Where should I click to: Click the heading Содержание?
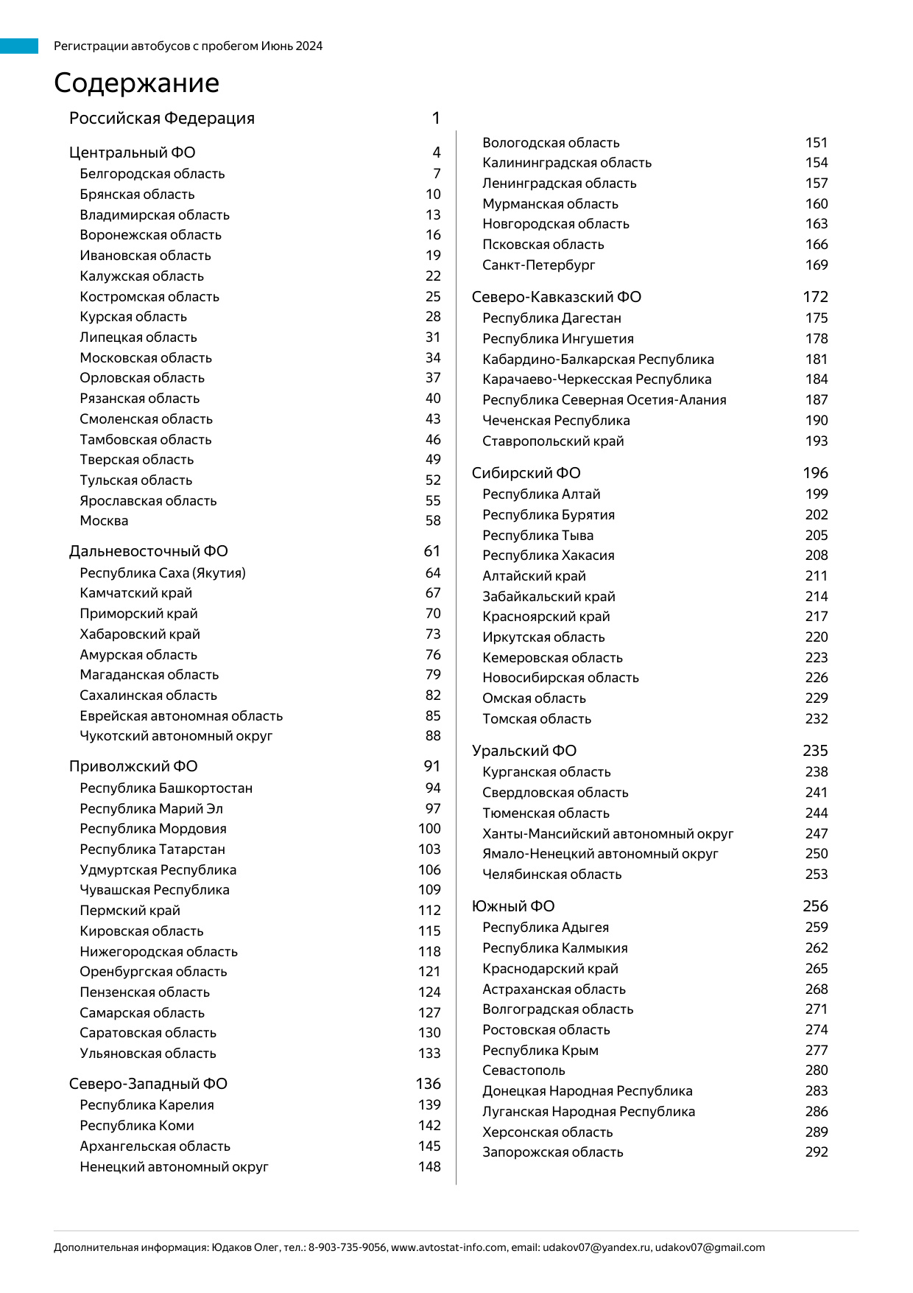click(x=136, y=83)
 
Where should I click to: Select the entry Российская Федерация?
click(x=161, y=118)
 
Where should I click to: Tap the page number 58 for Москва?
click(x=433, y=520)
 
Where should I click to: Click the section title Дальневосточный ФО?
click(x=148, y=551)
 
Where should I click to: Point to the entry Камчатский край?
click(x=135, y=592)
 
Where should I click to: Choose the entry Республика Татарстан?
click(x=152, y=849)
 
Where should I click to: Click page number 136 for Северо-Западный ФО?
click(x=428, y=1083)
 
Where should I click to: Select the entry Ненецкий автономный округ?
click(x=174, y=1166)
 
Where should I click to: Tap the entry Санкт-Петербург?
click(x=538, y=264)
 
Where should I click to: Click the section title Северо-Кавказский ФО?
click(x=556, y=297)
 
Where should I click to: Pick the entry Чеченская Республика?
click(x=556, y=420)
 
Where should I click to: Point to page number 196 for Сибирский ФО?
click(x=815, y=473)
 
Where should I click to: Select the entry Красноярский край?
click(x=546, y=616)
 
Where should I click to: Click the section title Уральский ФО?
click(x=524, y=751)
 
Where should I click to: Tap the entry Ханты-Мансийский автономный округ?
click(x=607, y=833)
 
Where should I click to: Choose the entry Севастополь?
click(x=524, y=1070)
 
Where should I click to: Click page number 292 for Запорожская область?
click(x=817, y=1152)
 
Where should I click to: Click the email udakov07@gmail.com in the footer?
click(x=710, y=1247)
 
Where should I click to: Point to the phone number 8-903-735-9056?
click(x=348, y=1247)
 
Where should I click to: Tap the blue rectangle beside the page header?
click(x=19, y=46)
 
